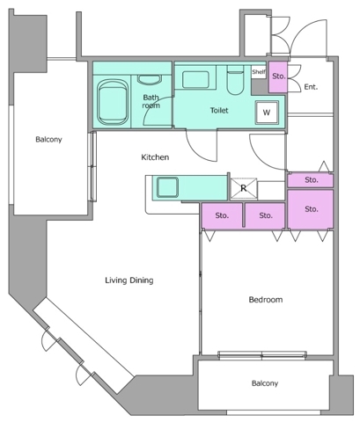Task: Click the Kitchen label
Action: (x=155, y=157)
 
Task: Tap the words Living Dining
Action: (x=129, y=280)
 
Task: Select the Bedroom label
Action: (x=266, y=300)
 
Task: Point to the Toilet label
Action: (x=219, y=111)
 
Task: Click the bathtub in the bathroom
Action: (x=113, y=101)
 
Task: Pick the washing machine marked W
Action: (x=267, y=113)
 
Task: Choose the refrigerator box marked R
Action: (x=244, y=188)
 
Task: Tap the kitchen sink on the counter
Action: (x=167, y=187)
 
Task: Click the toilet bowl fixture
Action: (x=236, y=80)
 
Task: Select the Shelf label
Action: (x=259, y=72)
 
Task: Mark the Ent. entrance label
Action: (x=311, y=87)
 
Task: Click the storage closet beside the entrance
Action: (x=278, y=76)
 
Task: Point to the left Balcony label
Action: (x=48, y=140)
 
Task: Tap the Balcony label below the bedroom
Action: (x=265, y=383)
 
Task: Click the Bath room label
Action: (x=151, y=101)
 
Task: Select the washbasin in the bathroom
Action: (x=150, y=80)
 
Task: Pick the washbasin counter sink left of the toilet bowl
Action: (x=195, y=79)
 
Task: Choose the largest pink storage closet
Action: (x=311, y=208)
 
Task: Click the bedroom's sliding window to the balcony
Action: (x=262, y=355)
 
